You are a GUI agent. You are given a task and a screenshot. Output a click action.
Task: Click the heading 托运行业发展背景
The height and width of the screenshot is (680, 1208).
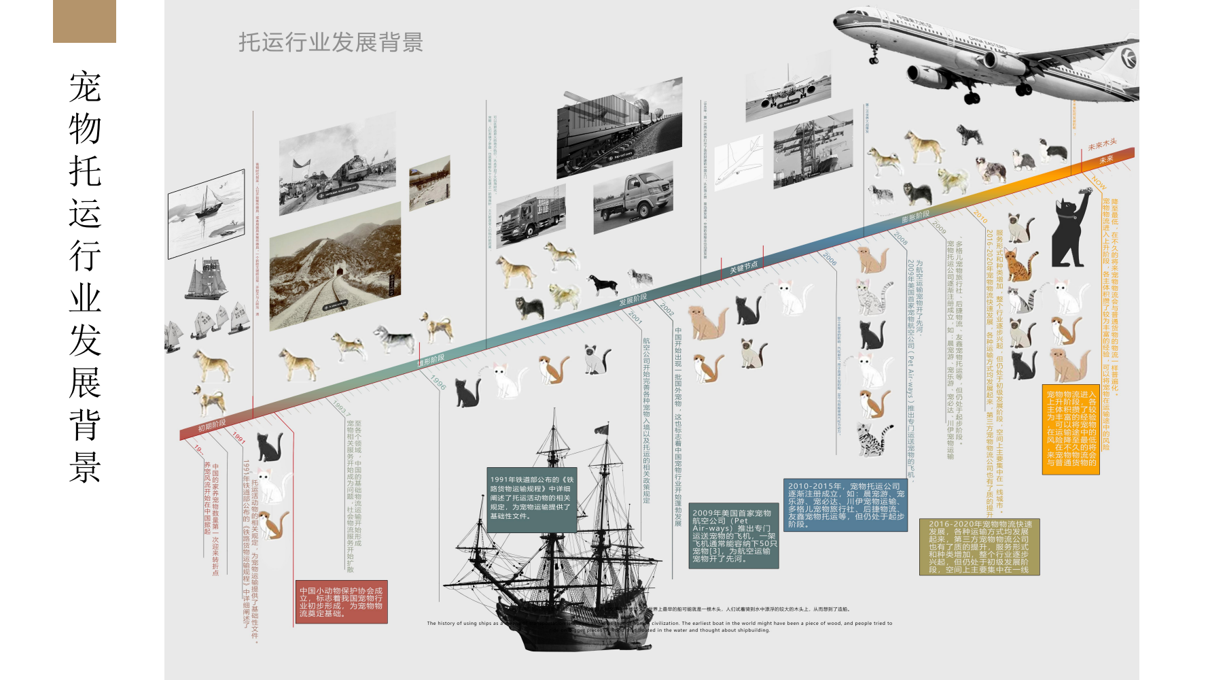click(330, 42)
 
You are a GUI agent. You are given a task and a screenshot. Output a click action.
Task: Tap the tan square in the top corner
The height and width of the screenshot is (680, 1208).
click(84, 21)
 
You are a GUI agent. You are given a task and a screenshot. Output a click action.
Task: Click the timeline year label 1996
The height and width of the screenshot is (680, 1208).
click(438, 383)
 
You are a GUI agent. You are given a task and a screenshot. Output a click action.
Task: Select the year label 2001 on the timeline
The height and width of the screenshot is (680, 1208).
click(635, 316)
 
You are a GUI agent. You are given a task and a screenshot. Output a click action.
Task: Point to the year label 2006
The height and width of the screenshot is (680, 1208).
click(830, 258)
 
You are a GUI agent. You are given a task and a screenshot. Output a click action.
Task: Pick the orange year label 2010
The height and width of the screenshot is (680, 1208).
click(980, 216)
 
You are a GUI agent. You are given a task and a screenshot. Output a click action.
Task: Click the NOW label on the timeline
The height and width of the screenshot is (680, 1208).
click(1099, 182)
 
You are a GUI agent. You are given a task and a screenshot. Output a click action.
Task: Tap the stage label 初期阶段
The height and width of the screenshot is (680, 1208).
click(211, 426)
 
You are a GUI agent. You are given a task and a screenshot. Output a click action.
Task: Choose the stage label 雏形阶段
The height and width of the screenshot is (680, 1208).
click(431, 360)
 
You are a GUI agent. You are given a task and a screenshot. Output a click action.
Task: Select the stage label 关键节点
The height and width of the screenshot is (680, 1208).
click(743, 267)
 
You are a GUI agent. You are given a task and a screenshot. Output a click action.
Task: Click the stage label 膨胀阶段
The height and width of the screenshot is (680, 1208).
click(915, 217)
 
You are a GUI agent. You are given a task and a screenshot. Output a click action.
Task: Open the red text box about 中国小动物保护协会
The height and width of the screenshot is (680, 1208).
click(341, 602)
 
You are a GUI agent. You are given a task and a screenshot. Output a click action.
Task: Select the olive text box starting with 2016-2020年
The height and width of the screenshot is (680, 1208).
click(979, 547)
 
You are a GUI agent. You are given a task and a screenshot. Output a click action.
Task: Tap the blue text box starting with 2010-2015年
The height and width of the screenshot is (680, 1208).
click(845, 505)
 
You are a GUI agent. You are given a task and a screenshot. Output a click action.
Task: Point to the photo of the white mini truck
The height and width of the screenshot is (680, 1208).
click(633, 198)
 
